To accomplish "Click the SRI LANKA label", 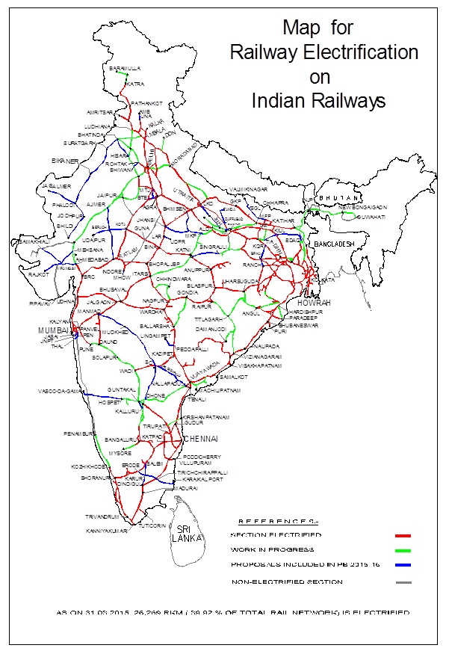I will click(x=182, y=532).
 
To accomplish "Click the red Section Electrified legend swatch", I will click(x=403, y=536).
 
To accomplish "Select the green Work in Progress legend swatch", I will click(x=403, y=551).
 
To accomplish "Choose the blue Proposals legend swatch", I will click(x=403, y=566).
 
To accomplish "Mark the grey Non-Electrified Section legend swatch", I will click(x=403, y=581).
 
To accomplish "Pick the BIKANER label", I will click(x=64, y=161).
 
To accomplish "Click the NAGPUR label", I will click(x=152, y=300).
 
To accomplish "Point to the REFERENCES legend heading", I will click(x=275, y=521).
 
